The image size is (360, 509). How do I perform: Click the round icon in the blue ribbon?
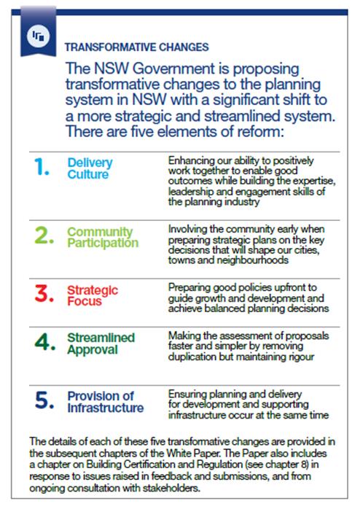coord(39,36)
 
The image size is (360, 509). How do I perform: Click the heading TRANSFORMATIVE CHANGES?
coord(136,47)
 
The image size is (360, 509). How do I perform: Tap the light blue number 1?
coord(42,167)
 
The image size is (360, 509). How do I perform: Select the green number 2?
coord(44,235)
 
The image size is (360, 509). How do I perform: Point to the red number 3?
coord(44,293)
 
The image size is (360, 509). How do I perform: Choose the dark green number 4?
coord(44,342)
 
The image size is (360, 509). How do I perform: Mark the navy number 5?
coord(44,400)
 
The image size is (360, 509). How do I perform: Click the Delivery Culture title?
coord(90,168)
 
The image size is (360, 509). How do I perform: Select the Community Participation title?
coord(103,237)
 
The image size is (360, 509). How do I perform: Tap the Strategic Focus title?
coord(93,295)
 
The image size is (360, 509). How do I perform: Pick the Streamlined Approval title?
coord(101,344)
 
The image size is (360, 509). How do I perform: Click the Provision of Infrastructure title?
coord(106,402)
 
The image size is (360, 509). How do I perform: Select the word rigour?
coord(298,357)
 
